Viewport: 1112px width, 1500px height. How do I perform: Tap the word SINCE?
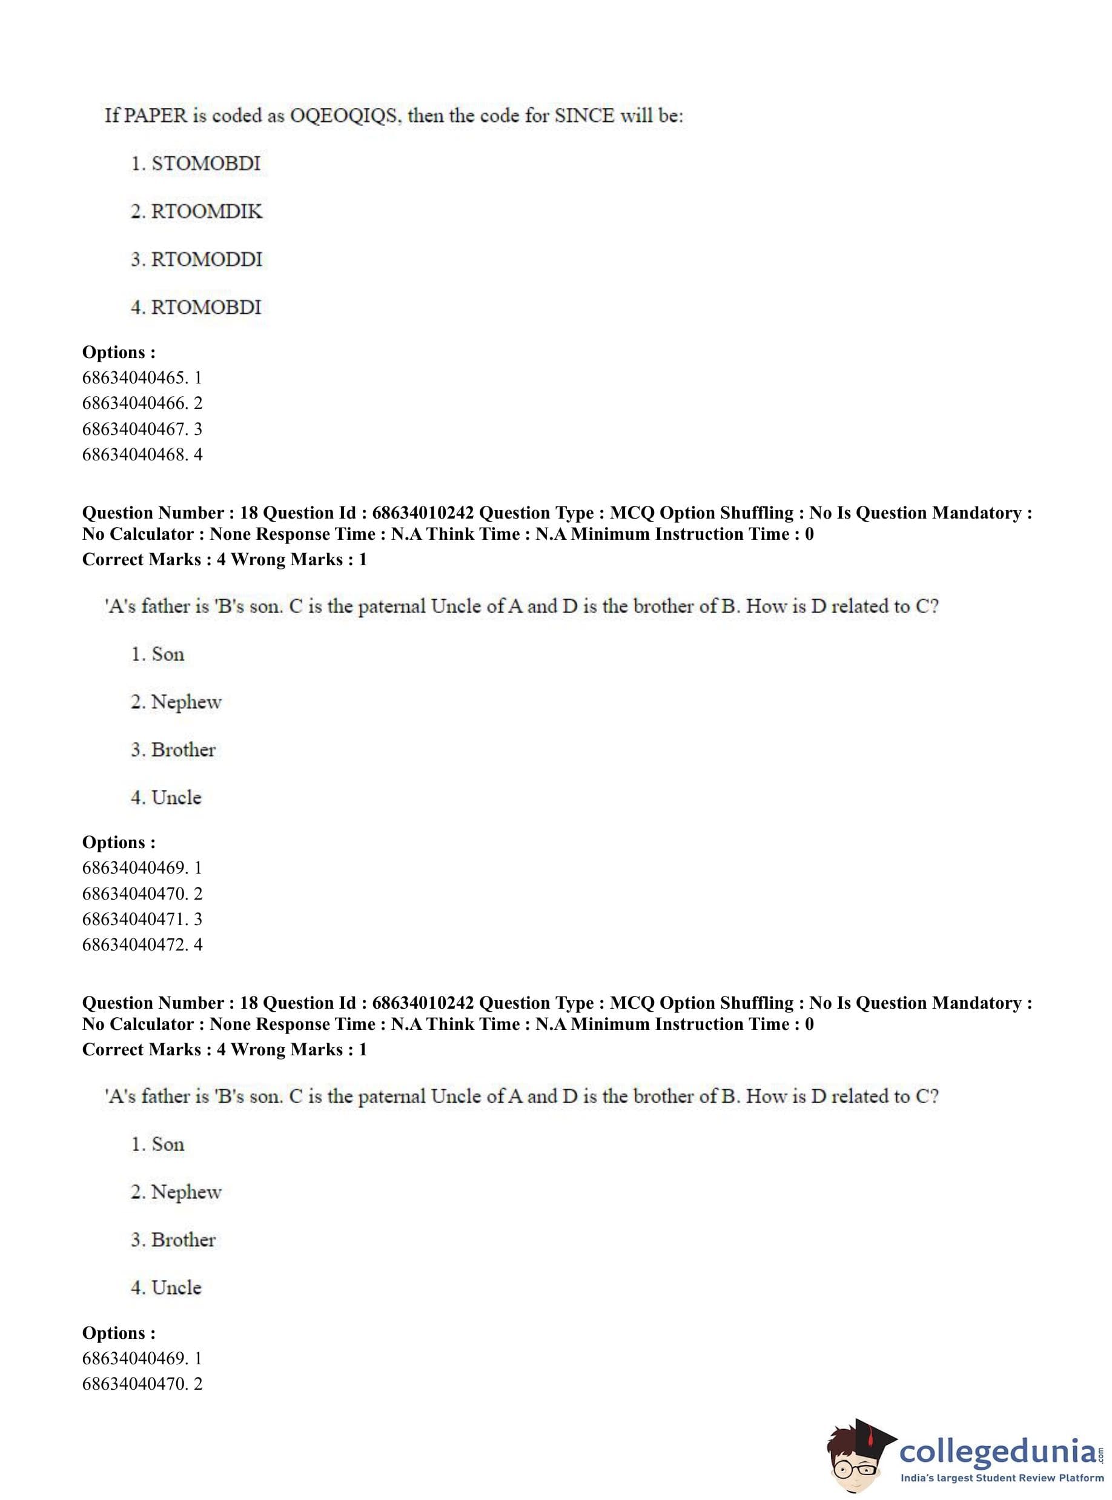tap(584, 115)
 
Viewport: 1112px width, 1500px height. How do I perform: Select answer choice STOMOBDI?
tap(205, 164)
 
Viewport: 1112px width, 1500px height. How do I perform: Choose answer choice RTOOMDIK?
tap(206, 211)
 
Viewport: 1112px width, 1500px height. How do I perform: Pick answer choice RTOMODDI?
tap(206, 259)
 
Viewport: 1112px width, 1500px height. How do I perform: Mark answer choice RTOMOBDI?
tap(205, 307)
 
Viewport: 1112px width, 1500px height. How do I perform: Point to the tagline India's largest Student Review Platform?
tap(1002, 1478)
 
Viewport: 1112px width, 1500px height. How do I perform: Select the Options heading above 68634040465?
tap(119, 352)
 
